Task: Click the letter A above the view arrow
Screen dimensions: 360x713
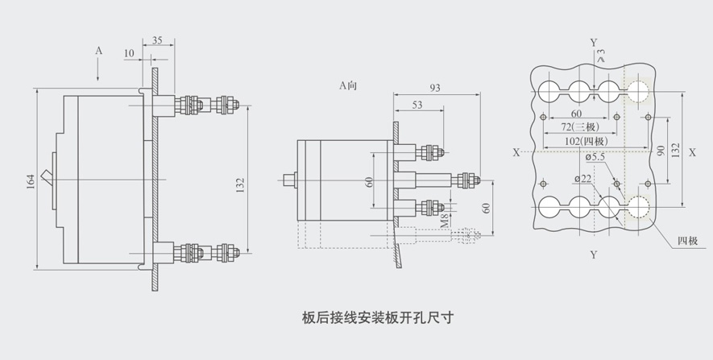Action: [98, 51]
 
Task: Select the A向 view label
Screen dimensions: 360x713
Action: [347, 85]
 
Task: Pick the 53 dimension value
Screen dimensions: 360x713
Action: [417, 106]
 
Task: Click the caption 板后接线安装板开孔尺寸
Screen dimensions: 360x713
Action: [377, 316]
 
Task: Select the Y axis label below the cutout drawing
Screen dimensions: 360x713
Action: [594, 255]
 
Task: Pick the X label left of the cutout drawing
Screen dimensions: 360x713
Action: [516, 151]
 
